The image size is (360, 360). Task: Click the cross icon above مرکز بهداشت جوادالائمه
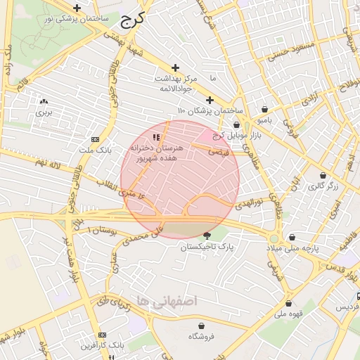click(x=176, y=67)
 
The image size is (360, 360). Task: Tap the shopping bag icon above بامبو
click(x=265, y=110)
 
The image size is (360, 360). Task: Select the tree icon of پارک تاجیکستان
click(x=207, y=236)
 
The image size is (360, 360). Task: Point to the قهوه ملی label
click(x=290, y=314)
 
